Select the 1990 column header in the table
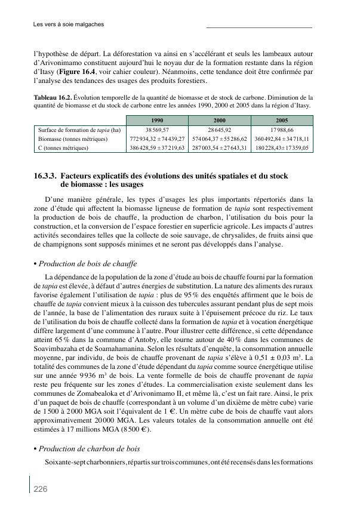158,120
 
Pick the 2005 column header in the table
282,120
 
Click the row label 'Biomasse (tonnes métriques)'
72,138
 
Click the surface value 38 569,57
158,130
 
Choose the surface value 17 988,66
282,130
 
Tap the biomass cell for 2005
282,138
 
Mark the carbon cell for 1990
158,147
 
